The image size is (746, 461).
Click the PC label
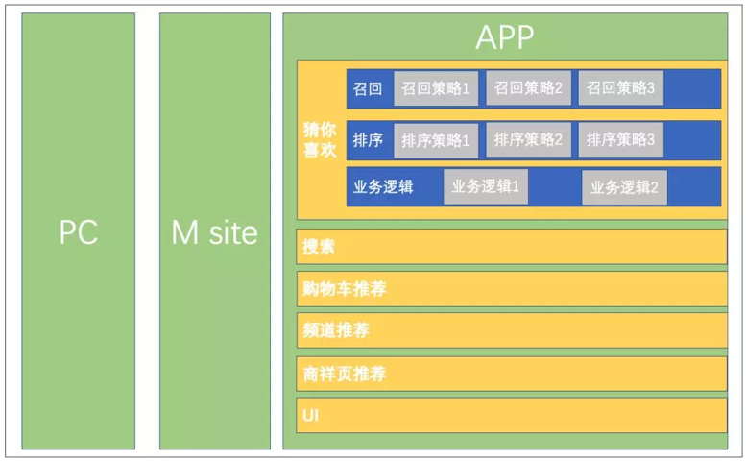(79, 231)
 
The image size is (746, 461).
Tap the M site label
(214, 231)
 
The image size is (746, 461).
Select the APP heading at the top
(505, 37)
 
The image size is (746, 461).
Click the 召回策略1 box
(435, 88)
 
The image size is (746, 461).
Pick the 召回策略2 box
(528, 88)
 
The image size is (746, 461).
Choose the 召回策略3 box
(620, 88)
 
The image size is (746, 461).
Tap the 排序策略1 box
(435, 140)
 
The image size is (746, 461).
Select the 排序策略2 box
(528, 139)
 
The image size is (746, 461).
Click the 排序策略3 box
(620, 139)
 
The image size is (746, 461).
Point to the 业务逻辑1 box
(485, 186)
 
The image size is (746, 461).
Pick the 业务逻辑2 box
(624, 187)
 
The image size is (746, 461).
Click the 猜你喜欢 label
(320, 139)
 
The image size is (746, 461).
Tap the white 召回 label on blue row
(368, 89)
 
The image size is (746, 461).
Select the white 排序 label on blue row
(368, 140)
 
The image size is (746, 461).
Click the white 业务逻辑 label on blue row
(383, 186)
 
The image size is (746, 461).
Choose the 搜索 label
(319, 247)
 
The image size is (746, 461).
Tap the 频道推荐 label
(335, 330)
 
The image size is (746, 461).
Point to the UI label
(310, 415)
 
